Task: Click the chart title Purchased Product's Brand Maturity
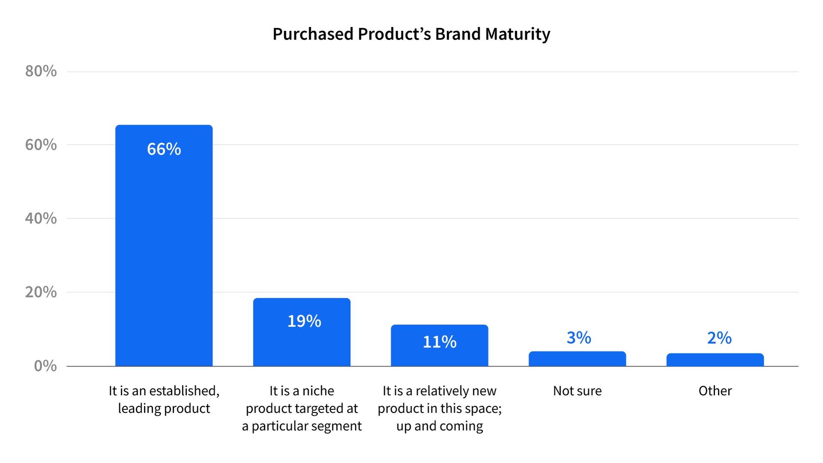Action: click(411, 34)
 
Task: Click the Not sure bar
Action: click(577, 359)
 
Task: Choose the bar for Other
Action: click(715, 360)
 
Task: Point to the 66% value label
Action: click(164, 149)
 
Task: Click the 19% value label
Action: click(304, 321)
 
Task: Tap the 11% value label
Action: click(439, 342)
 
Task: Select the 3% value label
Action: click(579, 338)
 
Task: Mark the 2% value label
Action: click(719, 338)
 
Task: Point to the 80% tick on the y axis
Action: click(41, 71)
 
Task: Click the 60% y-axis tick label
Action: click(41, 145)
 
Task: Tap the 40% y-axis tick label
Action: click(41, 219)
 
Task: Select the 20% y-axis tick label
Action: click(41, 292)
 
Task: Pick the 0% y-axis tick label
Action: click(45, 366)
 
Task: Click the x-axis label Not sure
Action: click(577, 391)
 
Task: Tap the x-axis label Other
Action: click(715, 391)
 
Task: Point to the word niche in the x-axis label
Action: click(318, 391)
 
